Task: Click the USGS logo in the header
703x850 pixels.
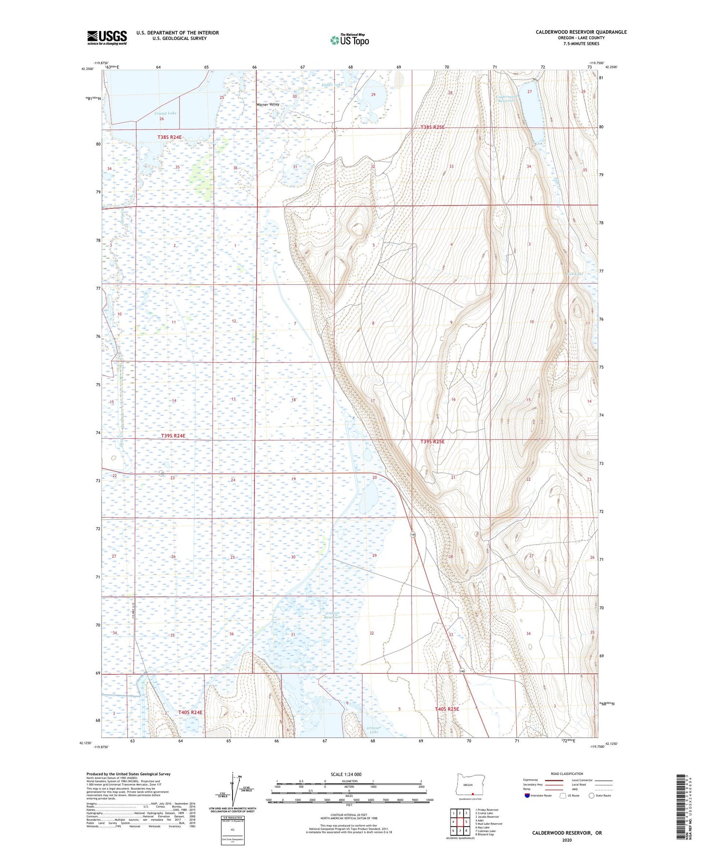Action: click(x=107, y=37)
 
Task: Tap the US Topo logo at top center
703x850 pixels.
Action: click(x=349, y=40)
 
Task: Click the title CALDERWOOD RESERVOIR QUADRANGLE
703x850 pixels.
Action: click(x=581, y=32)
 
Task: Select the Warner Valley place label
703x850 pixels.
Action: click(x=268, y=105)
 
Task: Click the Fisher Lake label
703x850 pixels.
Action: click(x=332, y=85)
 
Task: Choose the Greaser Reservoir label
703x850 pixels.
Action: click(x=333, y=615)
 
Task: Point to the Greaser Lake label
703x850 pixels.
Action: click(x=373, y=730)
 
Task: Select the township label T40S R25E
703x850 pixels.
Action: click(x=447, y=709)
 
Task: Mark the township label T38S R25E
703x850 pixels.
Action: click(x=432, y=128)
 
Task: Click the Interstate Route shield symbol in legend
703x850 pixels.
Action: click(x=527, y=795)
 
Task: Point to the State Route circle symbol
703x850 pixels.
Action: click(x=592, y=795)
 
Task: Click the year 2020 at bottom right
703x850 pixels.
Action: click(x=567, y=840)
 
